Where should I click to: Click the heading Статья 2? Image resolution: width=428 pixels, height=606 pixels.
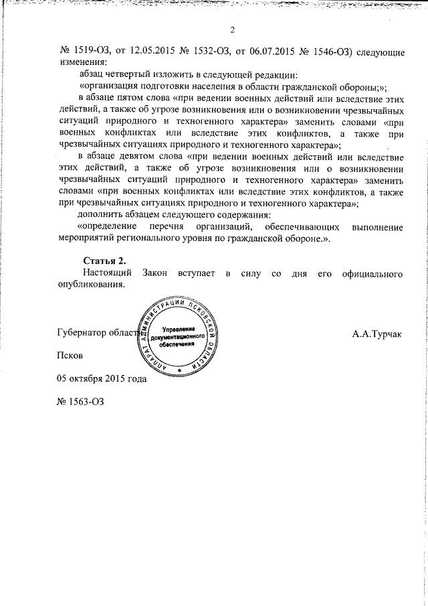pyautogui.click(x=104, y=260)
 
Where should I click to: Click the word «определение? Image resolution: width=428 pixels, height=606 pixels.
pyautogui.click(x=112, y=228)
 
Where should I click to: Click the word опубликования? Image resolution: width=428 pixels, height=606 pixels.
pyautogui.click(x=90, y=285)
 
